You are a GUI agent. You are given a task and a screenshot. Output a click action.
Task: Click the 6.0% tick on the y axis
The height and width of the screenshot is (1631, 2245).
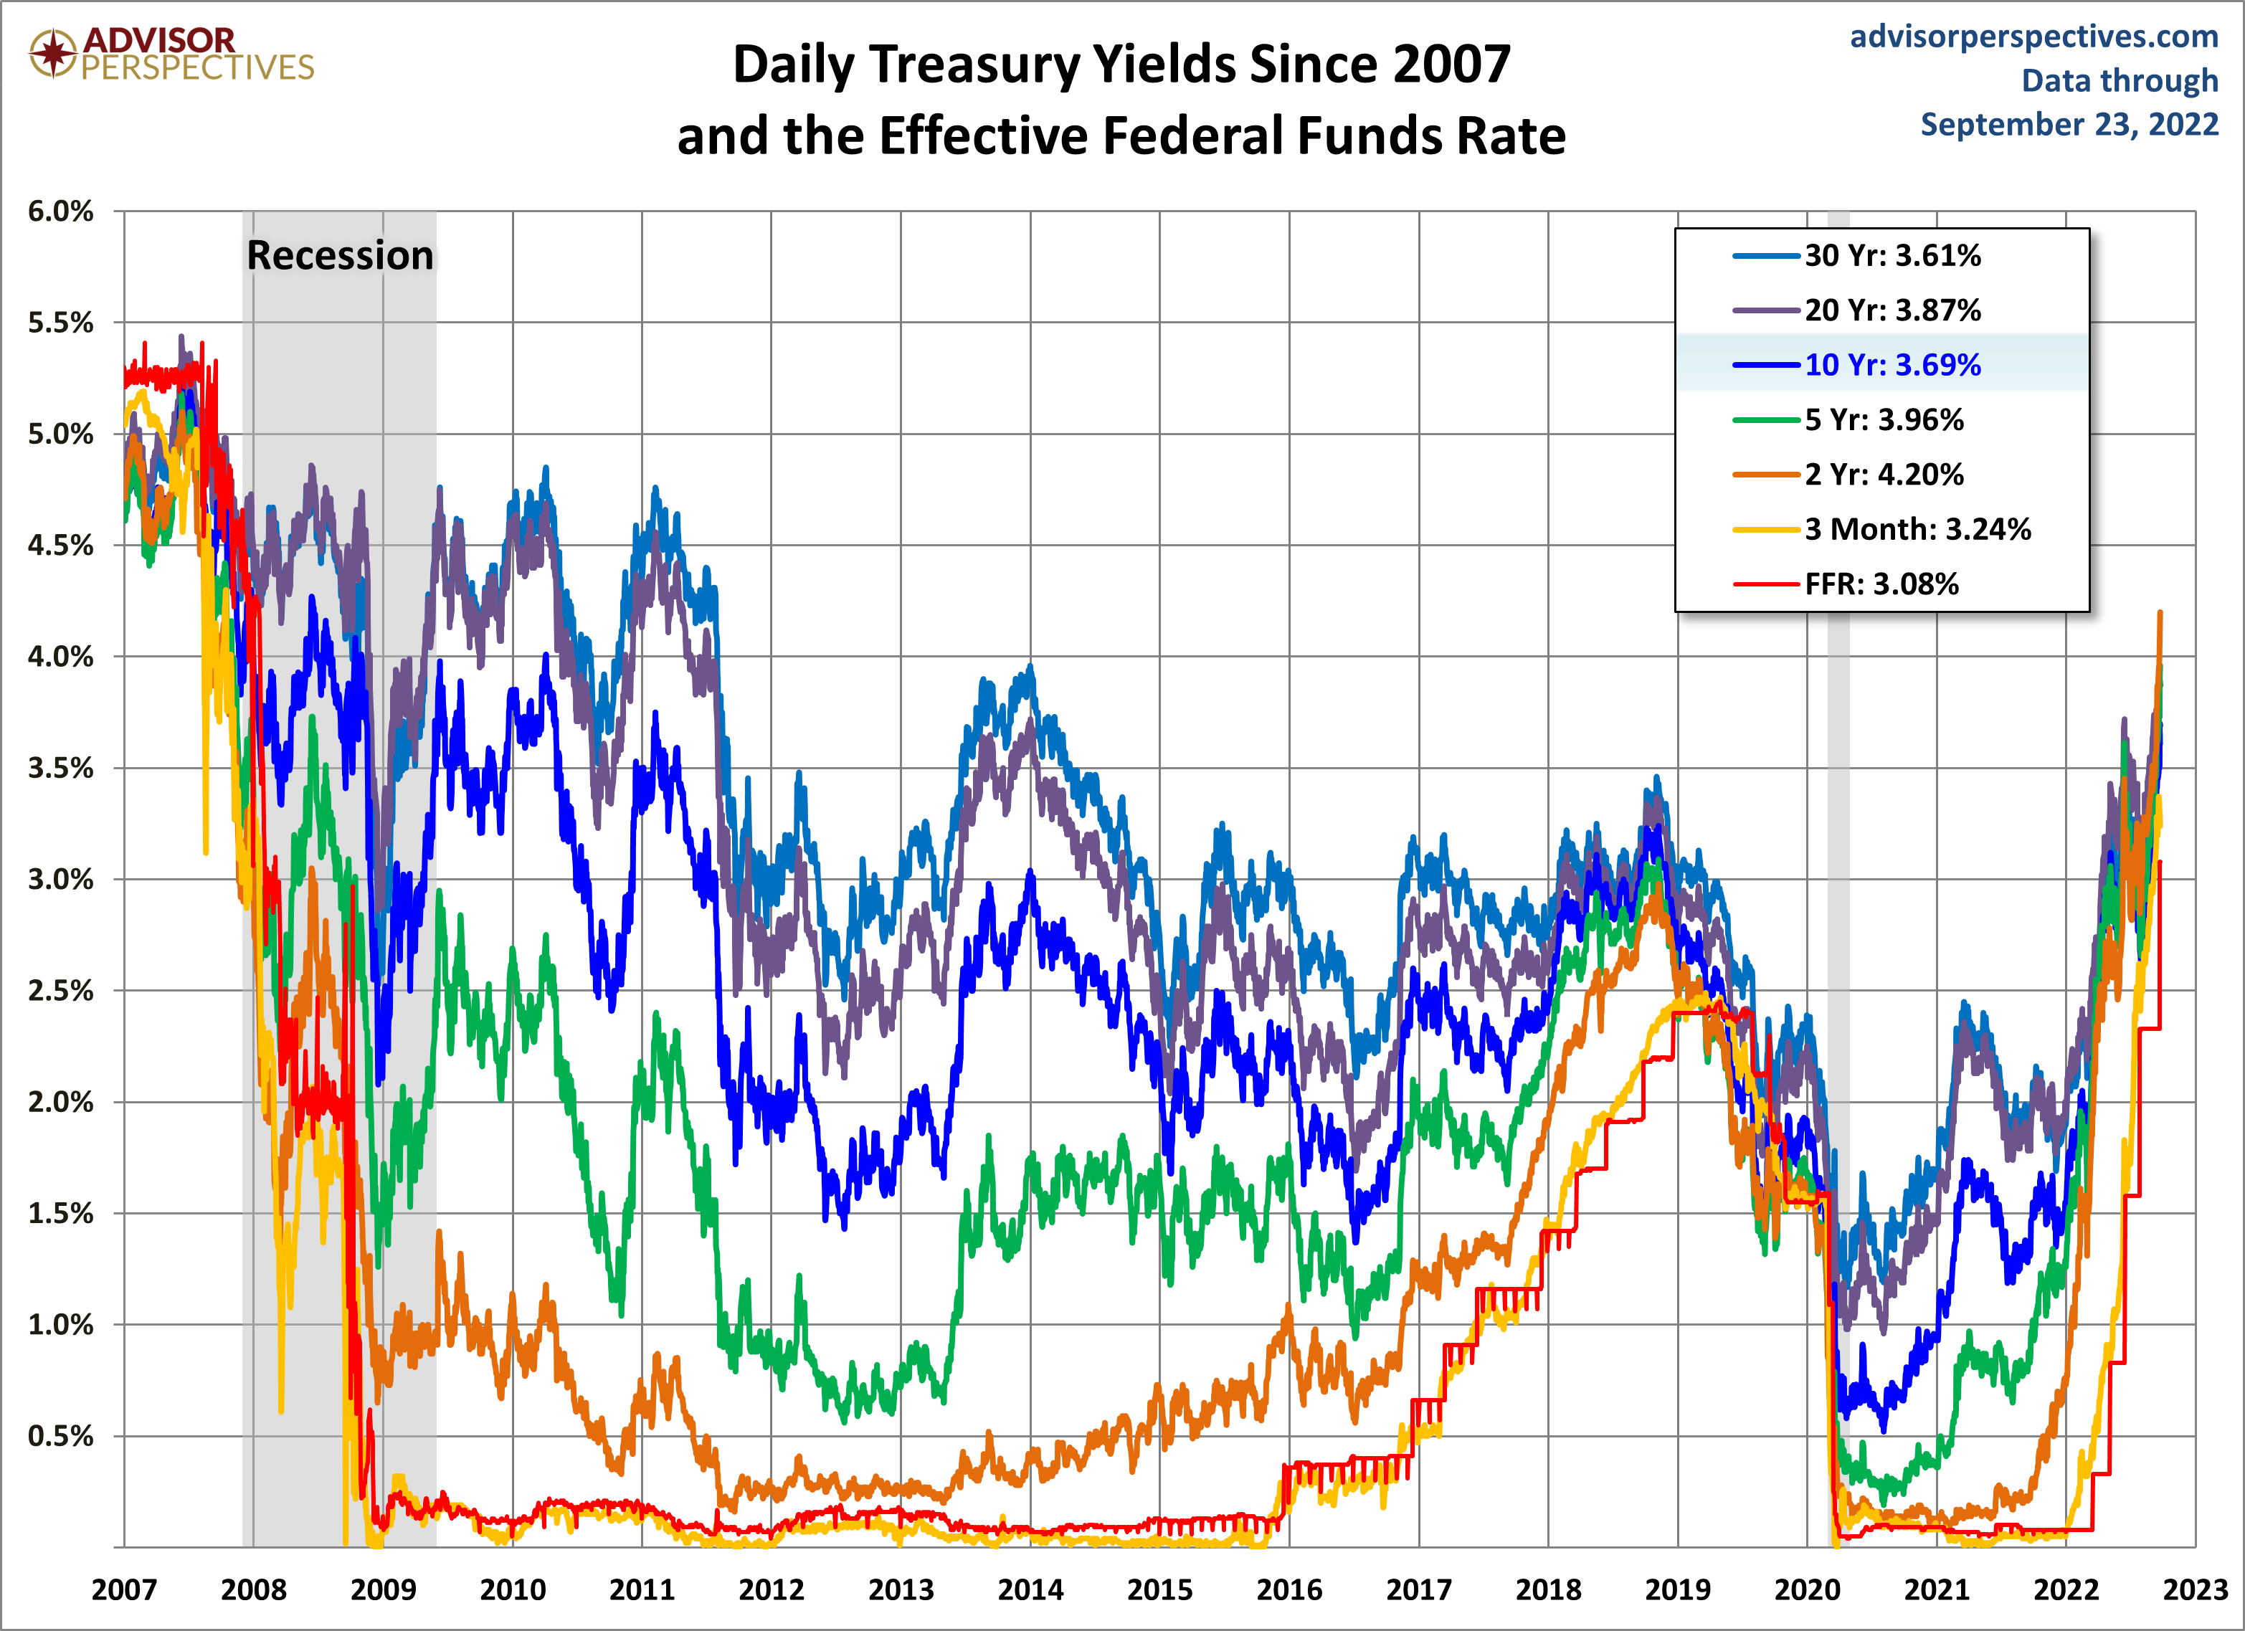(60, 211)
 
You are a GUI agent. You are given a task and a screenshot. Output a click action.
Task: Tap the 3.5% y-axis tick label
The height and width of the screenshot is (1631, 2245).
(60, 768)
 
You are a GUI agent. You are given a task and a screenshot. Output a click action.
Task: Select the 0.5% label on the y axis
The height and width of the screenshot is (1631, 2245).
(60, 1436)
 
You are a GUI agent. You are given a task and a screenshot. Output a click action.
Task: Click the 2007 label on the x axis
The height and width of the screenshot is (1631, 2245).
(124, 1589)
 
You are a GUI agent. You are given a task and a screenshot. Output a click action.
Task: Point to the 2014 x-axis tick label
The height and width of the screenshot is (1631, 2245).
(1030, 1589)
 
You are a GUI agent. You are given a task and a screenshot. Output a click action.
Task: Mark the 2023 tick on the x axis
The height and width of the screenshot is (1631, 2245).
(2195, 1589)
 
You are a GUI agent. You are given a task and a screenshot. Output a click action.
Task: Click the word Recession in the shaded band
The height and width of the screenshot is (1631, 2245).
(340, 255)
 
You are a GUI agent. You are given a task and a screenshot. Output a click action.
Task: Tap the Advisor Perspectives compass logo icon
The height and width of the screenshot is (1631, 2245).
(52, 52)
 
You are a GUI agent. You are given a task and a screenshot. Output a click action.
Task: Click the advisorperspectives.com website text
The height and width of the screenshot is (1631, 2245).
(2034, 37)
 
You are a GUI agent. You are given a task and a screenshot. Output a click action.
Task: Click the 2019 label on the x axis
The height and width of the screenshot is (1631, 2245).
(1678, 1589)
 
